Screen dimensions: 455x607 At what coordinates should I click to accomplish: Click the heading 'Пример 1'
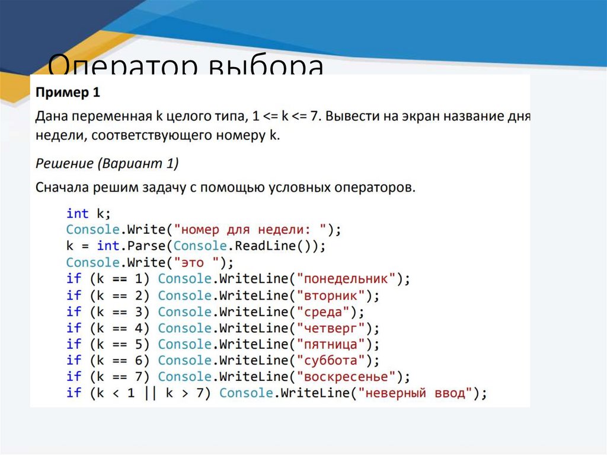[x=68, y=93]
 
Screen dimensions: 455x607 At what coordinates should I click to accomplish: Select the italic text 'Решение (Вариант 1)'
[x=107, y=163]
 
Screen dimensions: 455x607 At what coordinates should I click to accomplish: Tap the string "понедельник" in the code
[x=347, y=278]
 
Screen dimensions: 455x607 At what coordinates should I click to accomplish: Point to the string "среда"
[x=324, y=311]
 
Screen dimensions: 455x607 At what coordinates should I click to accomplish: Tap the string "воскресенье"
[x=347, y=377]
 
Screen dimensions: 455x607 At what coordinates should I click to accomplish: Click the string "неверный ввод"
[x=416, y=393]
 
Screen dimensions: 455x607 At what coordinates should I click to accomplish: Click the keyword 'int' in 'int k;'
[x=77, y=213]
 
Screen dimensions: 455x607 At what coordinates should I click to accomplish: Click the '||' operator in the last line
[x=146, y=393]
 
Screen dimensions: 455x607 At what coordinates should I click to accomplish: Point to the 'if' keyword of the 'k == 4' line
[x=74, y=327]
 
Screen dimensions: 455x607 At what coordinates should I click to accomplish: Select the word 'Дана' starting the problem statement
[x=51, y=117]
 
